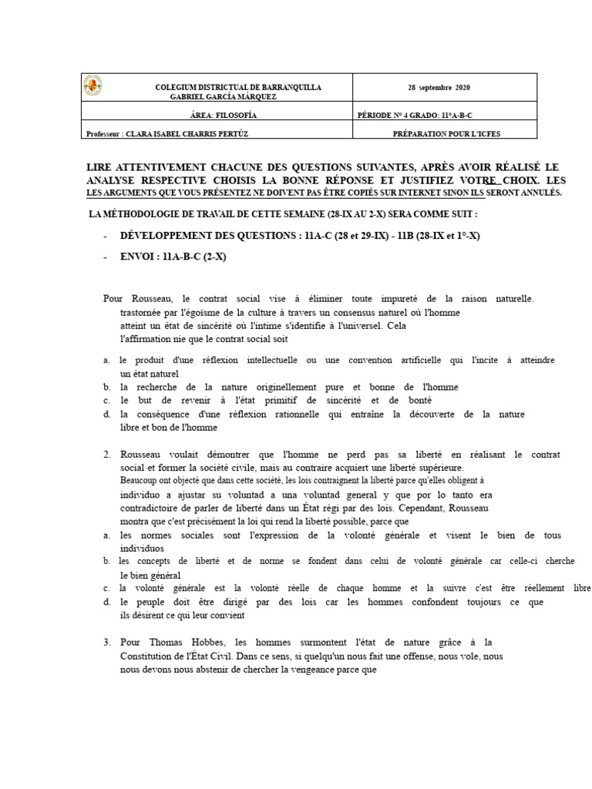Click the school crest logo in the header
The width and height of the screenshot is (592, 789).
tap(92, 86)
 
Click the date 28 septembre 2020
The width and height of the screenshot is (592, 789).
tap(444, 87)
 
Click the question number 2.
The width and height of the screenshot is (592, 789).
tap(107, 455)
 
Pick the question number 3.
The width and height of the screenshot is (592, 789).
tap(107, 642)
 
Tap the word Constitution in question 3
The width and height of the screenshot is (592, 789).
tap(153, 656)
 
